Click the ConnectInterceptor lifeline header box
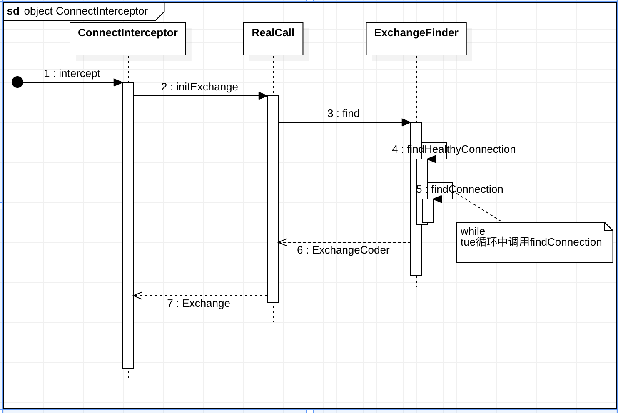127,38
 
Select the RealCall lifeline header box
273,38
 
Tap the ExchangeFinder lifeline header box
416,38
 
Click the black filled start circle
17,82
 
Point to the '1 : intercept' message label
72,74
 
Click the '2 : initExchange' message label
199,87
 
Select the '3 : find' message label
343,114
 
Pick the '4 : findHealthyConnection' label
454,149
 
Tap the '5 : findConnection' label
460,189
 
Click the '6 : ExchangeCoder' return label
343,250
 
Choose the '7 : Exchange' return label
199,304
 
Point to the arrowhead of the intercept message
118,82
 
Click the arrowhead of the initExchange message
263,96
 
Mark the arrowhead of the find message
406,122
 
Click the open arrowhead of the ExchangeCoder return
282,242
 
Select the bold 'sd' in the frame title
13,11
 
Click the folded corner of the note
609,226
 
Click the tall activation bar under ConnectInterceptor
128,225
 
